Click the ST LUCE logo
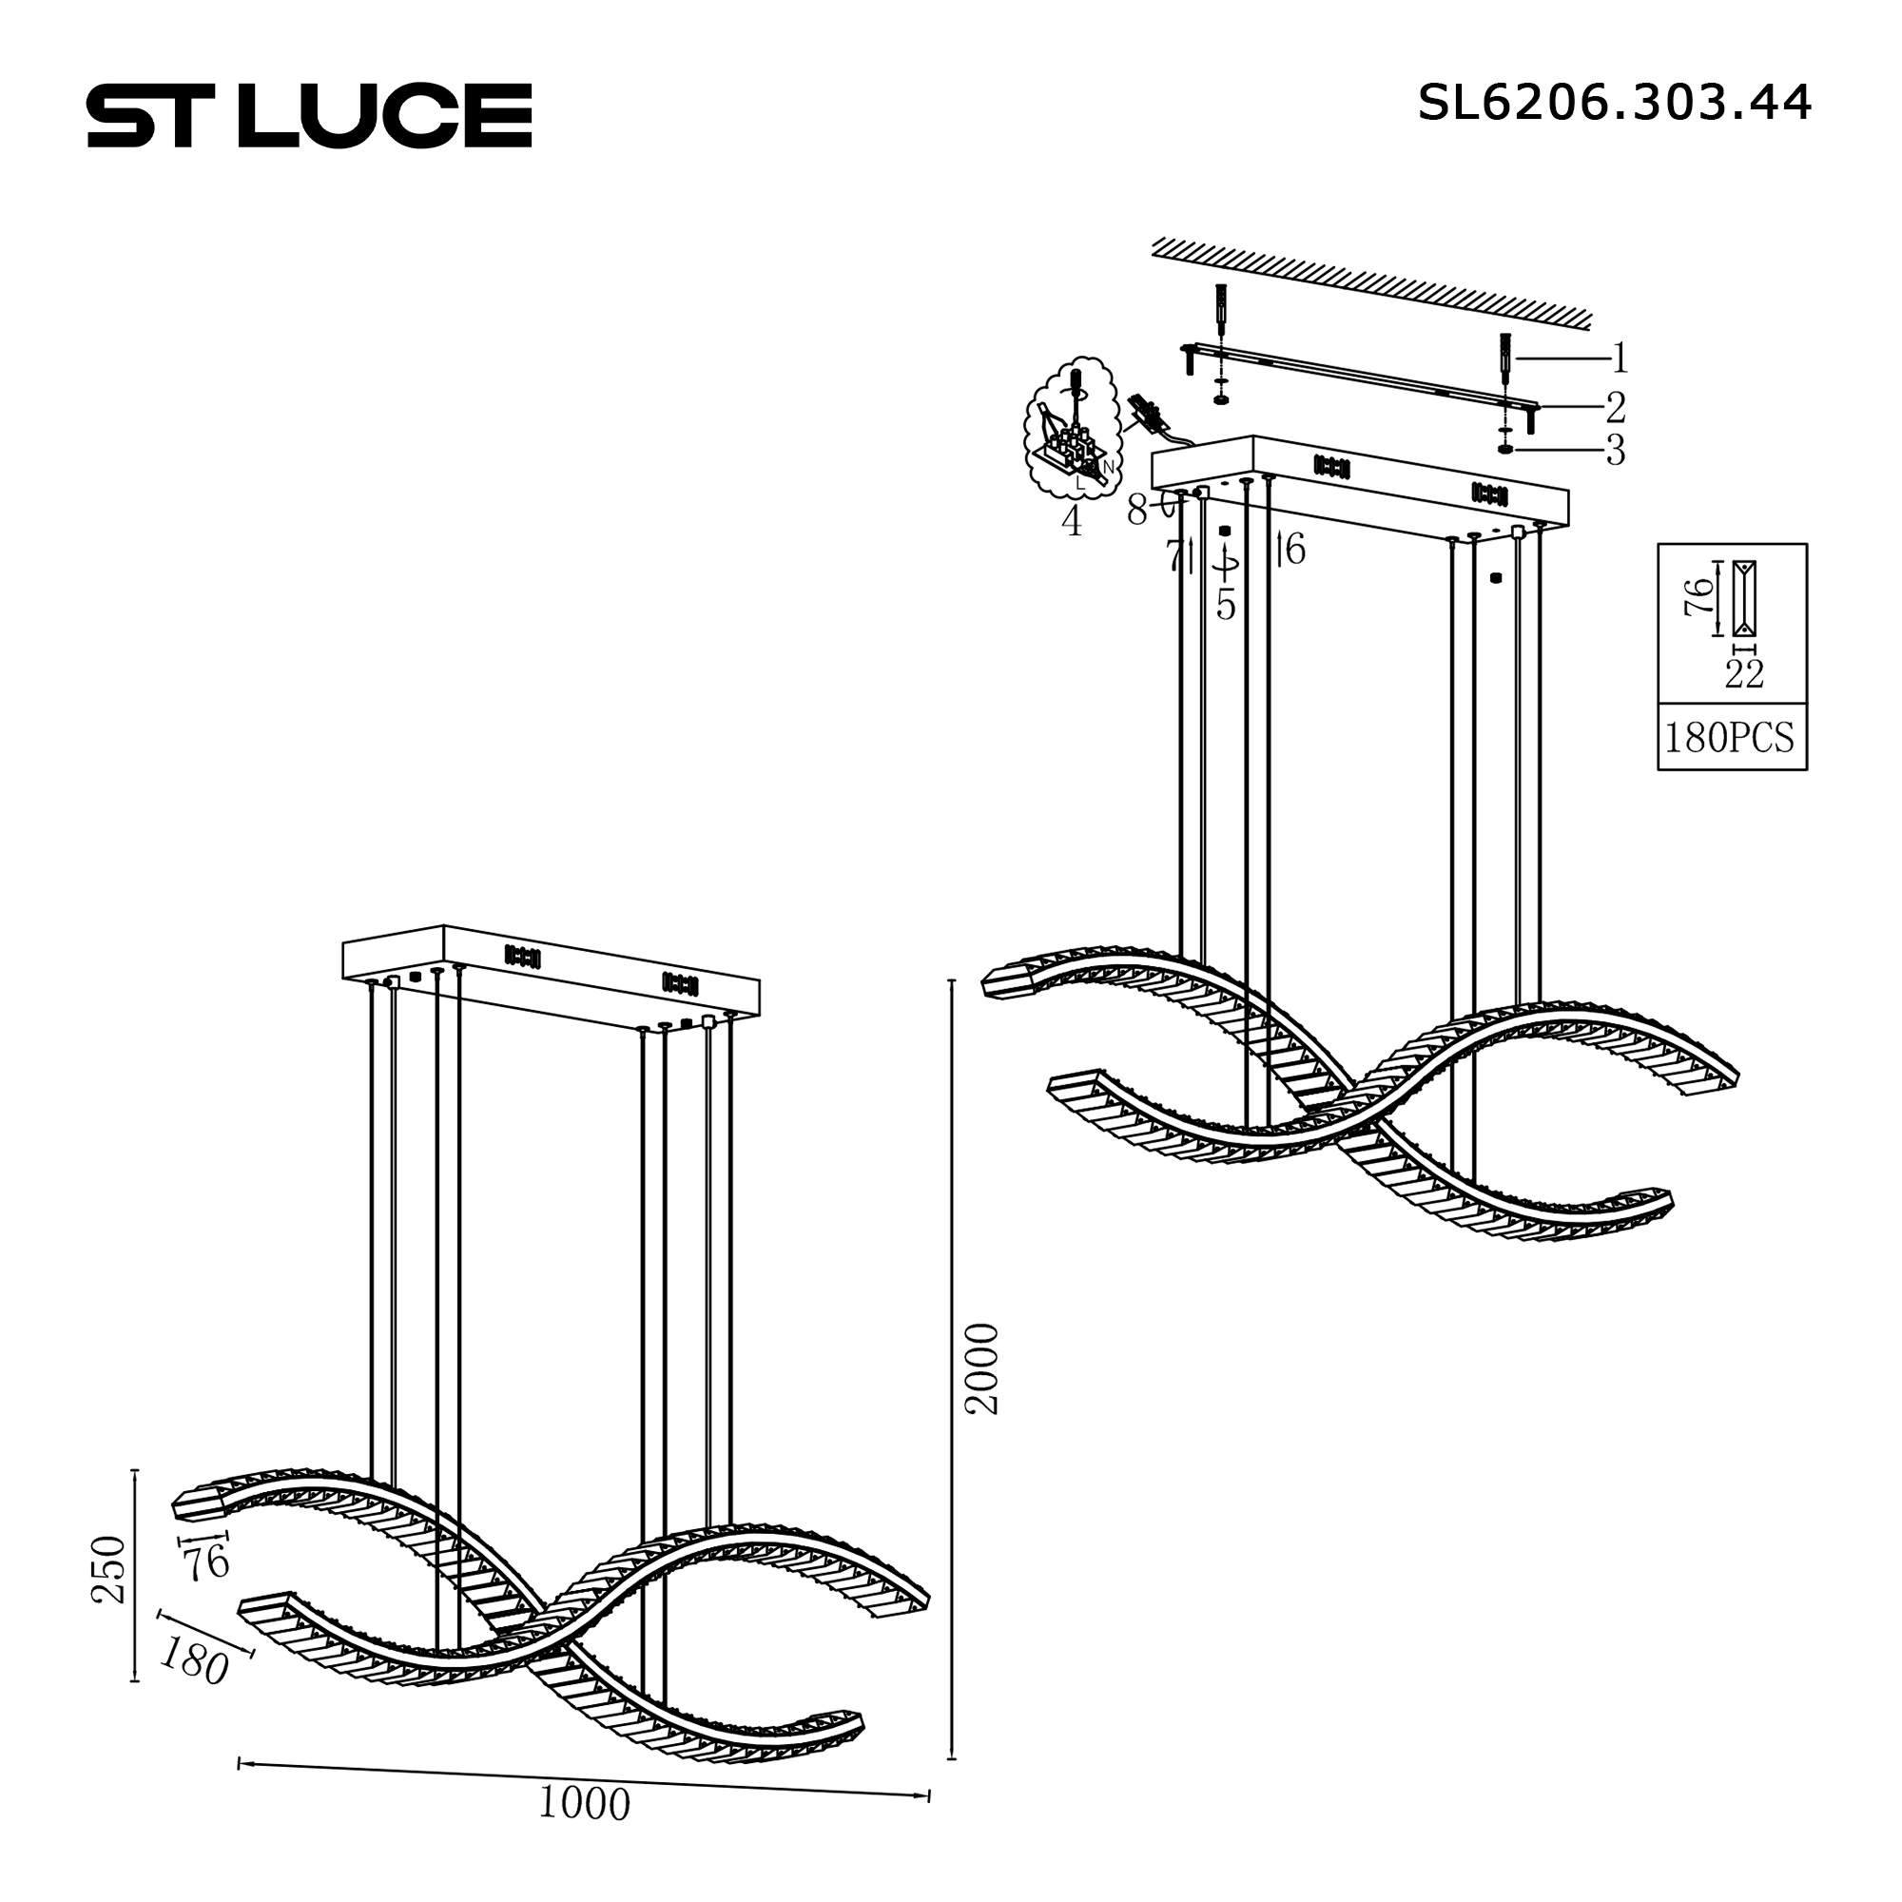(309, 115)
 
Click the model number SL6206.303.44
(1614, 103)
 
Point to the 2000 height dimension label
(981, 1368)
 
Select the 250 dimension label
(109, 1569)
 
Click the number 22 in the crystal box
(1744, 673)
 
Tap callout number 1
(1620, 359)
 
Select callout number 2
(1616, 407)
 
